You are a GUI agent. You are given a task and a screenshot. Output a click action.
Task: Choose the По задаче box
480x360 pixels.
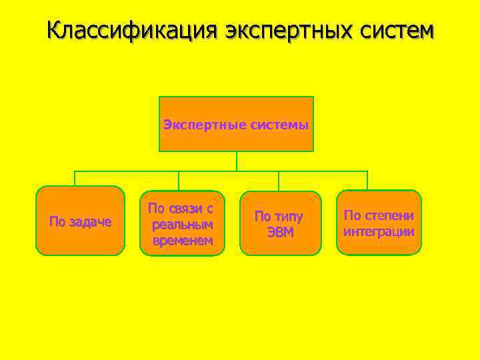[80, 221]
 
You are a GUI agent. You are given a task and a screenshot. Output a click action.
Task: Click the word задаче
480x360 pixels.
[89, 221]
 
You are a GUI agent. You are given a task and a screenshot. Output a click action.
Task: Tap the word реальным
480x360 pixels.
[183, 225]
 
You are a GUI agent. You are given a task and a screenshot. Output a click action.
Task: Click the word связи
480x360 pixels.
[182, 209]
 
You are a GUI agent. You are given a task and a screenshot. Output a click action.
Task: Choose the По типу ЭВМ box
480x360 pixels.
[279, 223]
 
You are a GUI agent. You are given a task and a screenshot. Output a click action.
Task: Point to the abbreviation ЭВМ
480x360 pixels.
[280, 233]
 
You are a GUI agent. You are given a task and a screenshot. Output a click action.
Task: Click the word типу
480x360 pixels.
[288, 217]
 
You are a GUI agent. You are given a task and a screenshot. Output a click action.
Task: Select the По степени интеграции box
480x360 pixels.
[379, 223]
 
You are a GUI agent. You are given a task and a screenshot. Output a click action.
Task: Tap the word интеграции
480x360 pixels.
[379, 231]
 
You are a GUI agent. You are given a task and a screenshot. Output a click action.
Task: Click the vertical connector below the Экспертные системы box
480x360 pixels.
[237, 161]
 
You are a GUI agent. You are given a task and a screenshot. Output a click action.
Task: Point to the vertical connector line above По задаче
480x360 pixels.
[75, 178]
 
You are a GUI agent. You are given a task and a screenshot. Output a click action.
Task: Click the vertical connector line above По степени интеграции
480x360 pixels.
[367, 180]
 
